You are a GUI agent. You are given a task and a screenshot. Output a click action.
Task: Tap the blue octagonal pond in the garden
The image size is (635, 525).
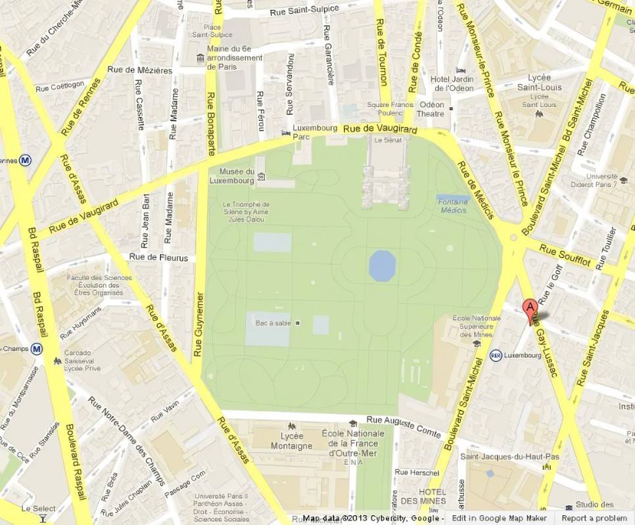382,265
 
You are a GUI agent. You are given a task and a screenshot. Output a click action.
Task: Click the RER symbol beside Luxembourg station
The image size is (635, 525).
496,355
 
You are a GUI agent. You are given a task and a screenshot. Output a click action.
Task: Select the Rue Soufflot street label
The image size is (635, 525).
565,256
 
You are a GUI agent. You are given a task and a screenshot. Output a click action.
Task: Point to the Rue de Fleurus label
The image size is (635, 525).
158,258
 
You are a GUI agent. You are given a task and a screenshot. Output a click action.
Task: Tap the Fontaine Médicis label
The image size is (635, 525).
452,206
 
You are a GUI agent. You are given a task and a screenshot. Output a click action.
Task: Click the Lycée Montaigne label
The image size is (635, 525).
291,441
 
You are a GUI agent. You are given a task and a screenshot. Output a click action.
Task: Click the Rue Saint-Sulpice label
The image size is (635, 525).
304,10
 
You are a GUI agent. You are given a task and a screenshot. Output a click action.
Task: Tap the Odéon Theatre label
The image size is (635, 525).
431,109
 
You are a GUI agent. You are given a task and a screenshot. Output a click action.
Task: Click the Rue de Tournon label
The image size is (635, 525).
382,53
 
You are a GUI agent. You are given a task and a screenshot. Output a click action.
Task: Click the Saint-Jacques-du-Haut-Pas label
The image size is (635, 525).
501,456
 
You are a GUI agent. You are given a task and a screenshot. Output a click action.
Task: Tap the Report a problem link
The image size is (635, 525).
596,518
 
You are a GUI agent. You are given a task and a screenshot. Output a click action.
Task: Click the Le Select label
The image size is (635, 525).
39,509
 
